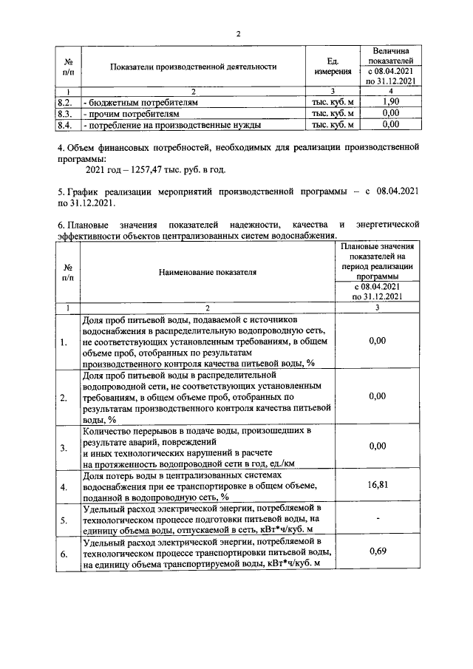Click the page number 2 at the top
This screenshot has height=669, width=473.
click(x=238, y=34)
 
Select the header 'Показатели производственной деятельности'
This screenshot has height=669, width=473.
click(x=193, y=67)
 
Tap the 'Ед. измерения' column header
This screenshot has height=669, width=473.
click(x=333, y=67)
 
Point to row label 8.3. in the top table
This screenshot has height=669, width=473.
click(x=64, y=114)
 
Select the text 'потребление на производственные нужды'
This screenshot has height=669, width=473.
click(x=174, y=125)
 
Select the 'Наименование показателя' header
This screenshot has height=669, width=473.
click(x=207, y=272)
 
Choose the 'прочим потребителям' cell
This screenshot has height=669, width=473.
click(x=133, y=114)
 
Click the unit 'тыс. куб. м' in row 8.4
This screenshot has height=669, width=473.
click(x=333, y=125)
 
